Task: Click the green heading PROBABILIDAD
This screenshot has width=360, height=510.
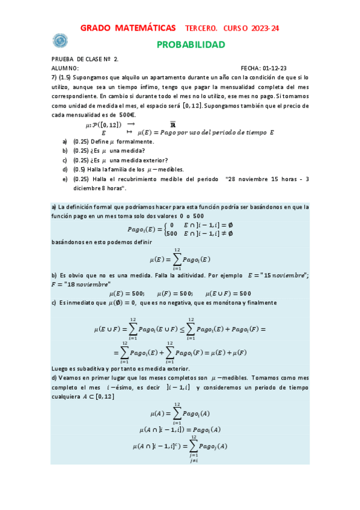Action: click(x=191, y=45)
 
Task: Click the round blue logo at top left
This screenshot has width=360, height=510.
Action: click(x=59, y=40)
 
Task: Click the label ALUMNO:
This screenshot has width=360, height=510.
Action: click(x=66, y=69)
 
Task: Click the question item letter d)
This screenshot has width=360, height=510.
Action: click(x=65, y=170)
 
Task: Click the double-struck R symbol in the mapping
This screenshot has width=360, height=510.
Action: click(x=156, y=124)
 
